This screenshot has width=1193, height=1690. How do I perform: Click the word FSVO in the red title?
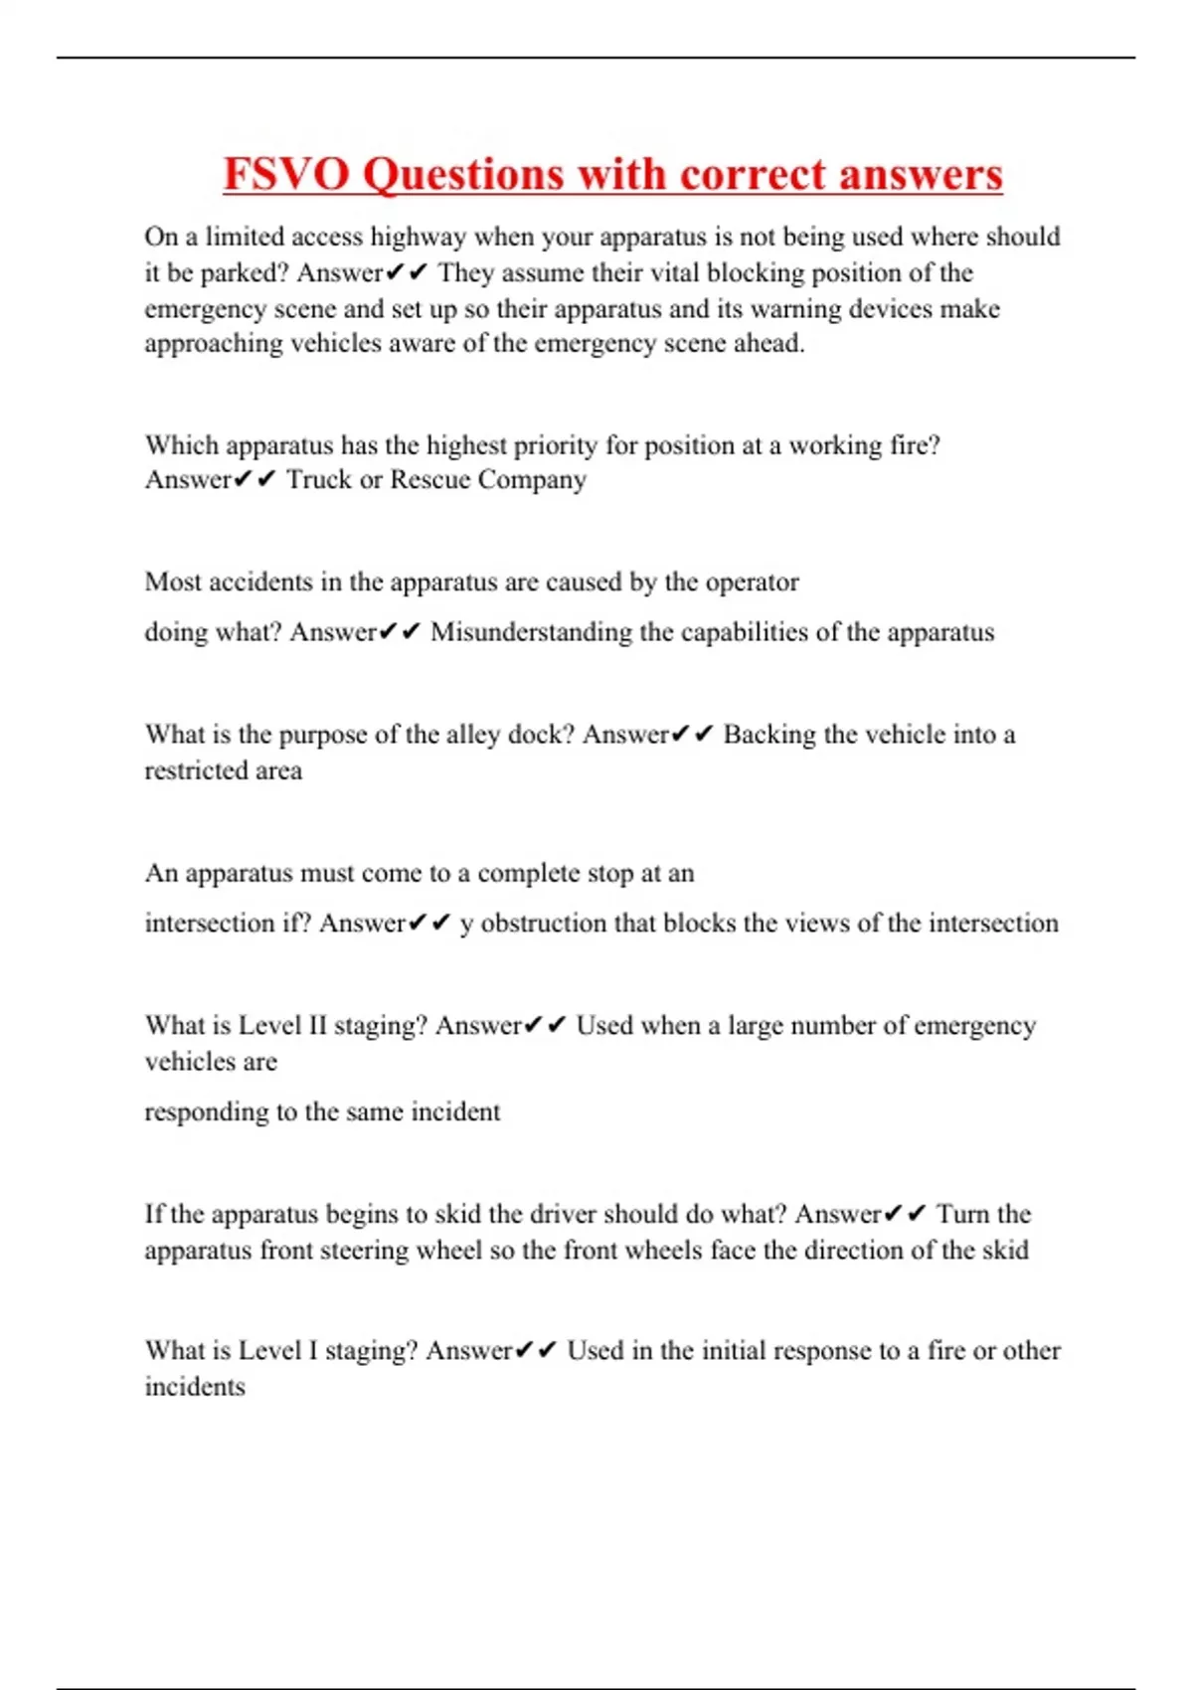[x=285, y=174]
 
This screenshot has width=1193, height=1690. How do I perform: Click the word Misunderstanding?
[x=531, y=633]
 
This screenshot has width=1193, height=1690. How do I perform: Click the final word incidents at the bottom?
[x=195, y=1387]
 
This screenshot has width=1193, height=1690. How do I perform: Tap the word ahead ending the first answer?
[x=768, y=344]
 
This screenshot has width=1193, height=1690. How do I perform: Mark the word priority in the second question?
[x=556, y=446]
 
